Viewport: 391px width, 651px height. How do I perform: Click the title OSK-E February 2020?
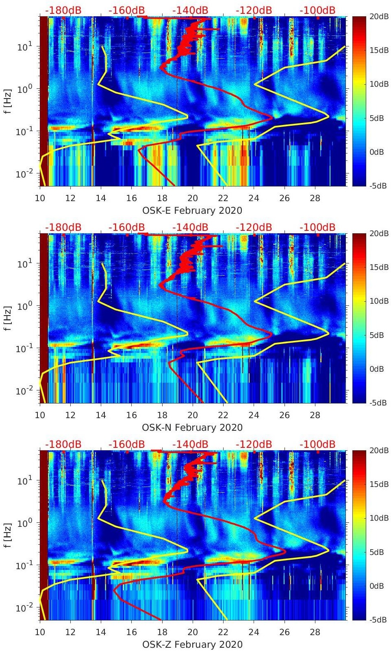pos(192,210)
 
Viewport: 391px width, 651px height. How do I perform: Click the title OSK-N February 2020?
pos(192,427)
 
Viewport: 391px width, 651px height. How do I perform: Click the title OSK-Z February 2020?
pos(192,644)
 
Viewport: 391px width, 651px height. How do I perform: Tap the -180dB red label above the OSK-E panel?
pos(63,10)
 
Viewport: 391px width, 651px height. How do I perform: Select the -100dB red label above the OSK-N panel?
pos(317,227)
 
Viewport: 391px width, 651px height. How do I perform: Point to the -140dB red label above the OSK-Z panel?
pos(190,444)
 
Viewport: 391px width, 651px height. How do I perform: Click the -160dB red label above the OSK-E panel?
pos(127,10)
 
